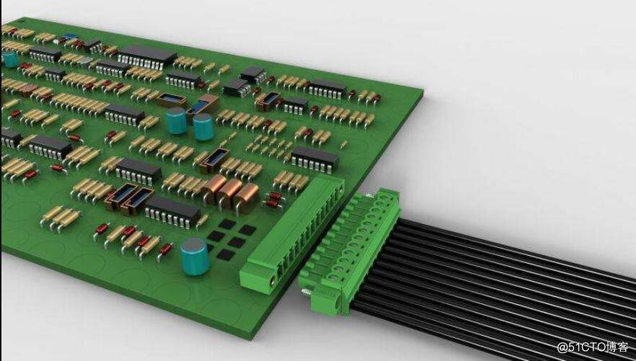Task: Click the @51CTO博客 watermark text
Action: [x=593, y=347]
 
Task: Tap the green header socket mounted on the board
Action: [x=292, y=235]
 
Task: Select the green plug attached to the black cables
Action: [x=349, y=251]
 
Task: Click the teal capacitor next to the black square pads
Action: [x=195, y=256]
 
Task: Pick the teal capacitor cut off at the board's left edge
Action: [x=10, y=59]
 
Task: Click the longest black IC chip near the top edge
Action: [x=148, y=57]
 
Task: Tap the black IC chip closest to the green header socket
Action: [x=315, y=159]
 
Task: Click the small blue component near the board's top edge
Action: [x=70, y=37]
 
